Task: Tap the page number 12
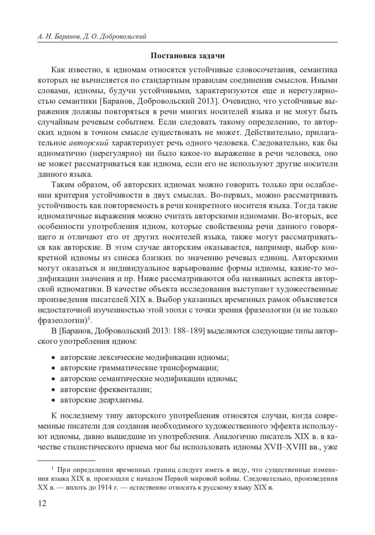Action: [42, 503]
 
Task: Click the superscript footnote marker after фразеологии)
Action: [89, 318]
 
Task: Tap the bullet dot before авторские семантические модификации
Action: [53, 379]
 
